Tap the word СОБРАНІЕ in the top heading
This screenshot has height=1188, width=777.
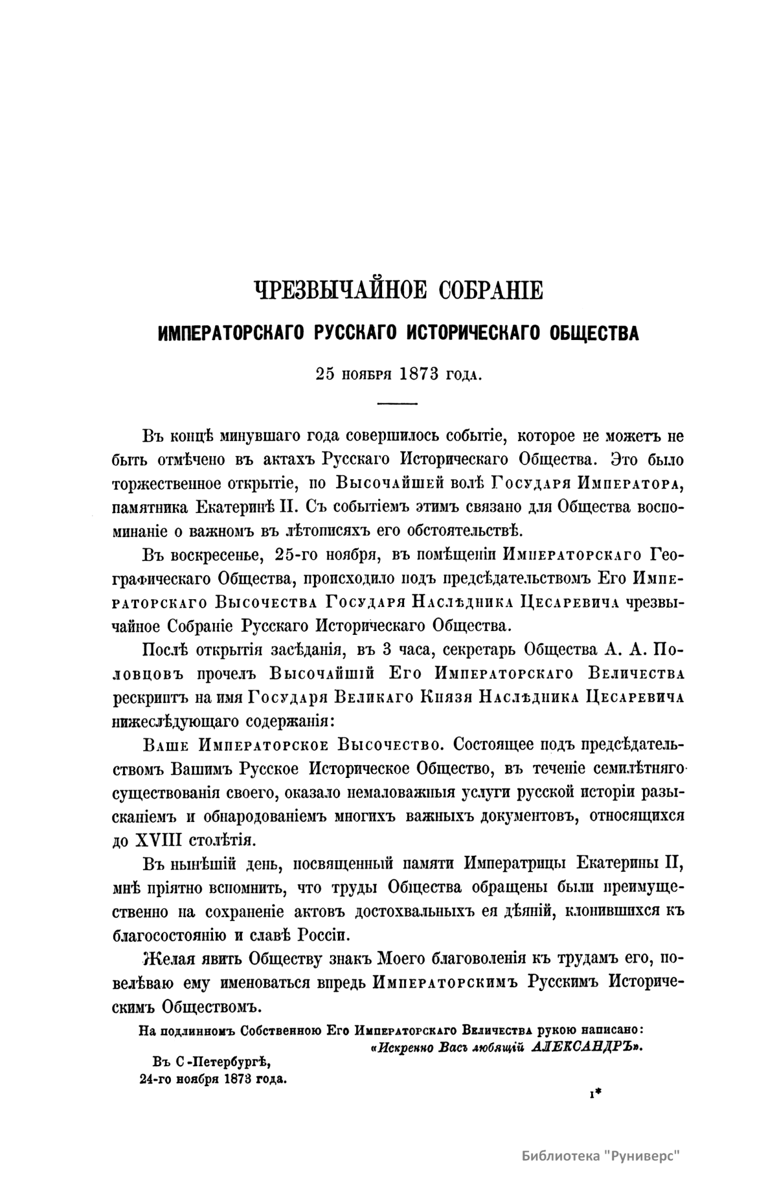click(491, 290)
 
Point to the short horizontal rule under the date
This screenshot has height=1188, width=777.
click(398, 404)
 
